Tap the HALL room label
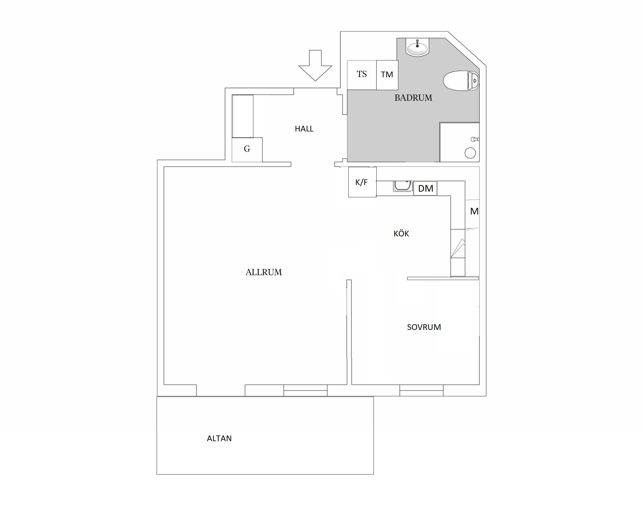point(304,129)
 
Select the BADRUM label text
point(413,98)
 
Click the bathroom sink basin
point(417,48)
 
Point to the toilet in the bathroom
point(461,81)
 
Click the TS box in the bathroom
point(362,75)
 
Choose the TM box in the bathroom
point(387,75)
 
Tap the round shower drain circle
point(470,153)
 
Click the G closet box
point(247,150)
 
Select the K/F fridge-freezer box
point(362,182)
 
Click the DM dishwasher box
point(425,188)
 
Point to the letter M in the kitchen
point(474,212)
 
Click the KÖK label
point(401,234)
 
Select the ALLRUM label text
point(264,272)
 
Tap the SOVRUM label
point(424,327)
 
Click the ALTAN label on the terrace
point(219,439)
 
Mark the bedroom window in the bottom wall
point(421,390)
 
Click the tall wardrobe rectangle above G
point(243,116)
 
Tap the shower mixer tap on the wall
point(475,139)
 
